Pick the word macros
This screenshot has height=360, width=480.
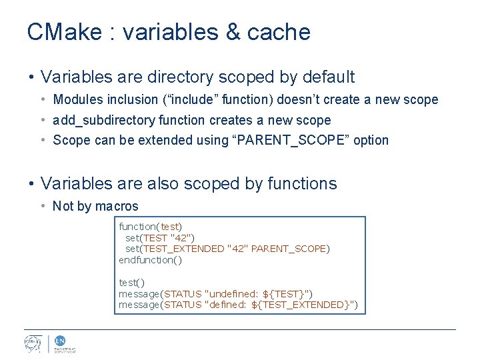click(x=117, y=206)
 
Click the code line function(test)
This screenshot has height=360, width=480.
click(x=150, y=227)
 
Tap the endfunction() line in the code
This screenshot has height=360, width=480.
click(x=150, y=260)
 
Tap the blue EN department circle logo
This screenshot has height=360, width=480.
click(x=59, y=340)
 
